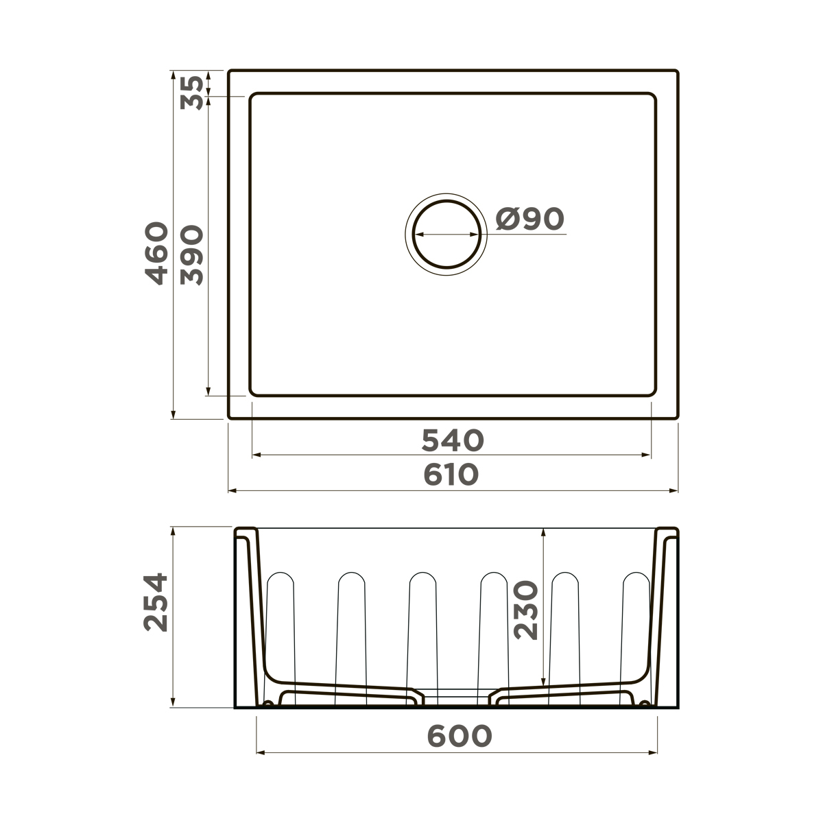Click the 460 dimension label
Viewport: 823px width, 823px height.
coord(156,253)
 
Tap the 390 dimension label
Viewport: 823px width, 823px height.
coord(192,255)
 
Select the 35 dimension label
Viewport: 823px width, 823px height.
coord(192,93)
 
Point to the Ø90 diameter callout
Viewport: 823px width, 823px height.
coord(530,219)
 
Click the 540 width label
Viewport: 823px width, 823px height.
coord(453,440)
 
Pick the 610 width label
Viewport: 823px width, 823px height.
coord(451,475)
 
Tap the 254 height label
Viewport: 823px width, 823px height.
coord(156,602)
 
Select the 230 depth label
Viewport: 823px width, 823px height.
coord(526,610)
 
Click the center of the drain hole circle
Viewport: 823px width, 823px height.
coord(446,234)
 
